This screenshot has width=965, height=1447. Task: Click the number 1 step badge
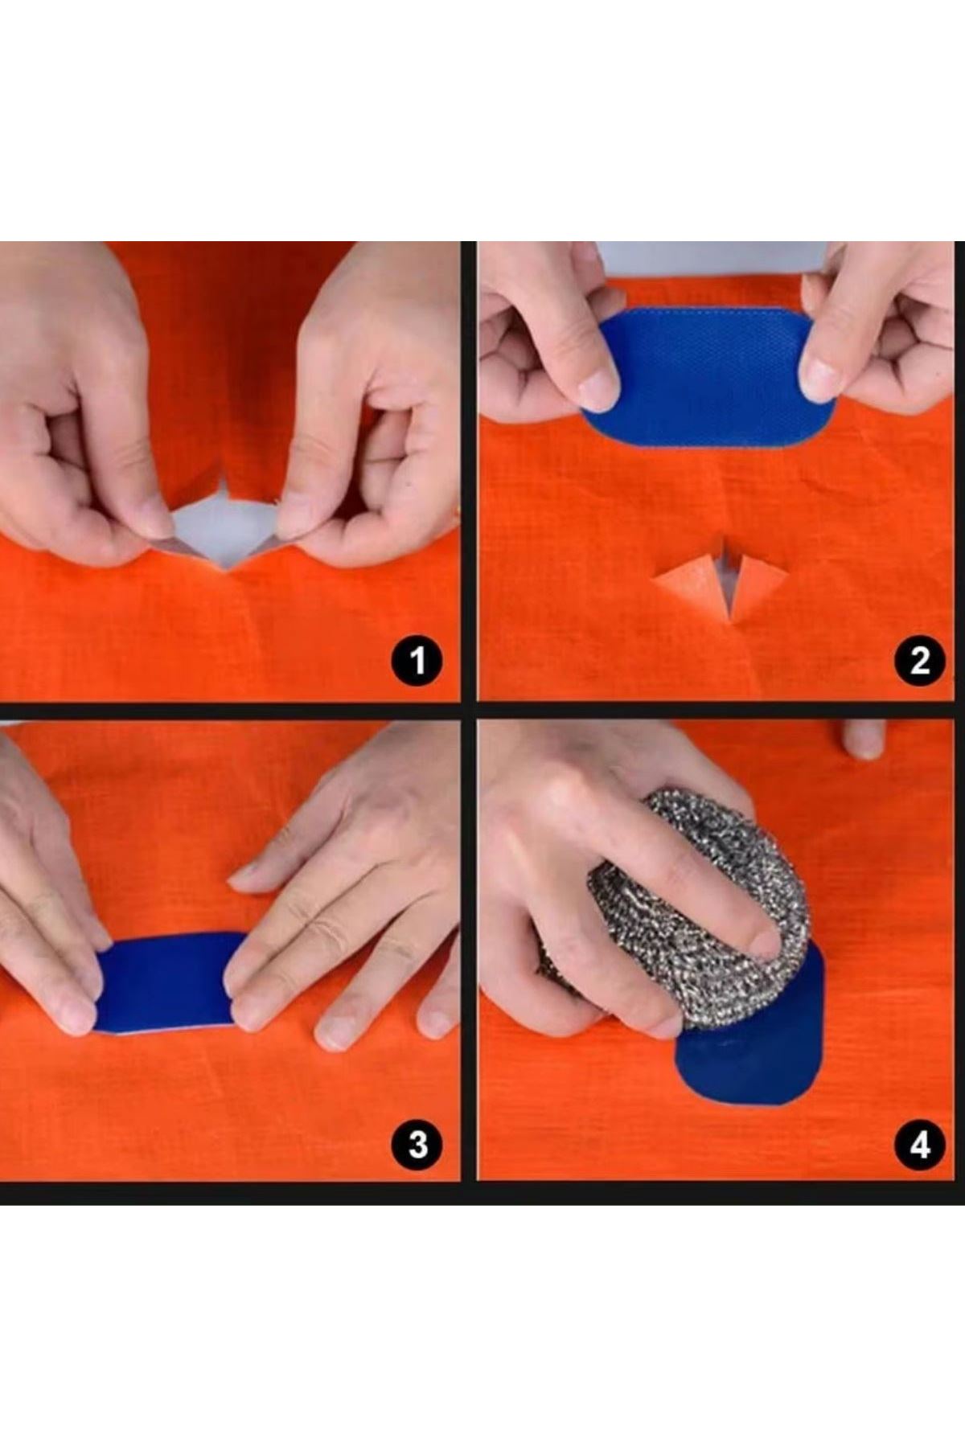(417, 661)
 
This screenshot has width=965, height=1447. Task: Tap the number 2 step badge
(920, 661)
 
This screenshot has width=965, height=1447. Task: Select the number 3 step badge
(417, 1143)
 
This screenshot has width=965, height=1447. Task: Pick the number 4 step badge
(920, 1143)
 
